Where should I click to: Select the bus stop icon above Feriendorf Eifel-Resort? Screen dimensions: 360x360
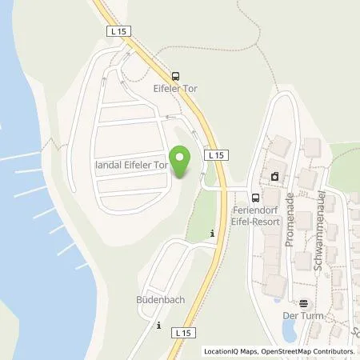pyautogui.click(x=255, y=198)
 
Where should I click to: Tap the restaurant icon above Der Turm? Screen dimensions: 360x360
pyautogui.click(x=303, y=304)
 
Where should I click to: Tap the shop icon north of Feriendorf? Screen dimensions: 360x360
pyautogui.click(x=276, y=176)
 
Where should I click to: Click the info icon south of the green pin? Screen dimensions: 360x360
pyautogui.click(x=211, y=234)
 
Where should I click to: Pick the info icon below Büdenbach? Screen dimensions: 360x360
pyautogui.click(x=158, y=326)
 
